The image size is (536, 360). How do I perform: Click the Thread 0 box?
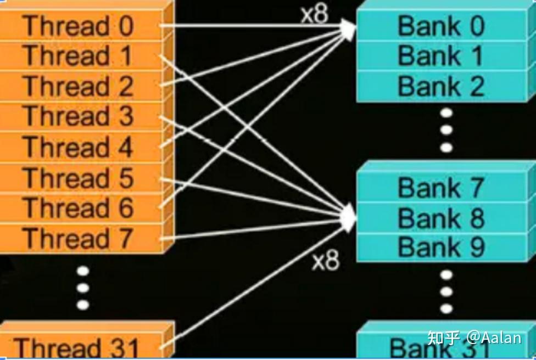(x=80, y=26)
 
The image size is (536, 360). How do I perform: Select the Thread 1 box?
(x=80, y=56)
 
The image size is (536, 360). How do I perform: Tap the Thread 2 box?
(x=80, y=87)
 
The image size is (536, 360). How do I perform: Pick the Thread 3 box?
(x=80, y=116)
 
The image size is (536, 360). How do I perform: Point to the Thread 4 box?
(x=80, y=147)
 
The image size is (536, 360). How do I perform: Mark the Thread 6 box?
(x=80, y=208)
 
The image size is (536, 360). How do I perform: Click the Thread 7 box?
(x=80, y=238)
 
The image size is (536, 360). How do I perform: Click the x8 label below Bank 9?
(x=326, y=261)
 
